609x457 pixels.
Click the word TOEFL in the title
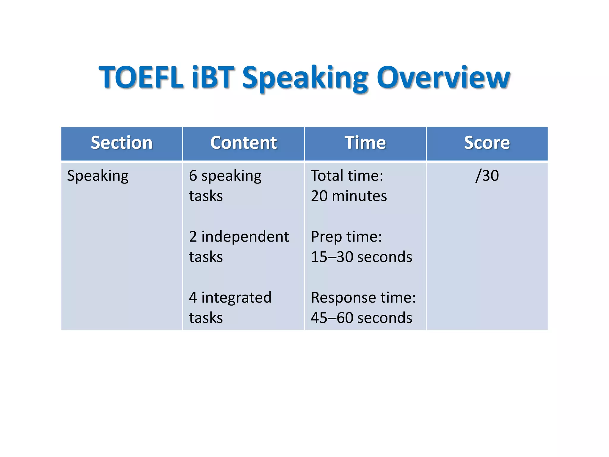(141, 77)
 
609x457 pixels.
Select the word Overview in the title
(443, 77)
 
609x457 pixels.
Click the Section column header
(122, 143)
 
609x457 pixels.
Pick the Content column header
(244, 143)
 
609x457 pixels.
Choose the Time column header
(365, 143)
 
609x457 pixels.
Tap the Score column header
(487, 143)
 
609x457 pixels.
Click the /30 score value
(487, 176)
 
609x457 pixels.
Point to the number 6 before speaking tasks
(193, 176)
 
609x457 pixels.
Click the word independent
(245, 237)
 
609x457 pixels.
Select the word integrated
(236, 298)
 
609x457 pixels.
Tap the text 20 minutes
(349, 196)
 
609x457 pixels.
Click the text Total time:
(347, 176)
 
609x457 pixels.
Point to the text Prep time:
(346, 237)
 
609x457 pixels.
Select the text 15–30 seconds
(361, 257)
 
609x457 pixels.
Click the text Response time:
(363, 298)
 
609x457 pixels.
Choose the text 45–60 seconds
(361, 318)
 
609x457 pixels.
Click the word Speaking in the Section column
(98, 176)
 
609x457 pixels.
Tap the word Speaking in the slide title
(305, 78)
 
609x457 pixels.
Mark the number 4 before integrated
(193, 298)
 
